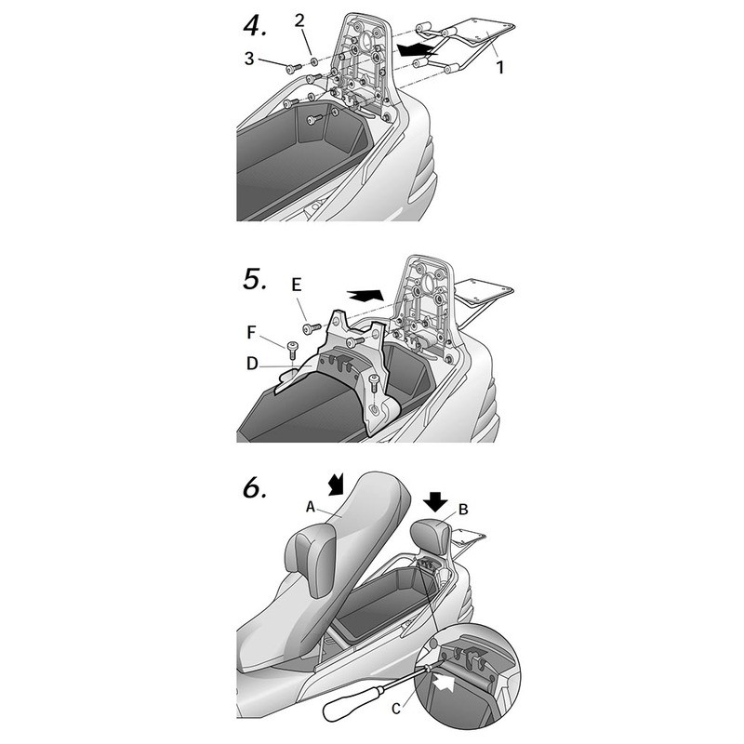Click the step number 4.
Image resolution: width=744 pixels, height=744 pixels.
tap(255, 26)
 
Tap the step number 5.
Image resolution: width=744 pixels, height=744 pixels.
tap(255, 279)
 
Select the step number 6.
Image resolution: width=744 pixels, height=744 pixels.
tap(255, 487)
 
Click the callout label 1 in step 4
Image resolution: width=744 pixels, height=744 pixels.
tap(499, 67)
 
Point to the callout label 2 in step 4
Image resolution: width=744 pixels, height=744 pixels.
tap(299, 20)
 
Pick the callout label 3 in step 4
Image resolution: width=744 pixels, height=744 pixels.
tap(249, 59)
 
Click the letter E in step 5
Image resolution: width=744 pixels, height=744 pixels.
tap(296, 285)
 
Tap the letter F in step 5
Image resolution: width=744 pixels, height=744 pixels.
tap(251, 333)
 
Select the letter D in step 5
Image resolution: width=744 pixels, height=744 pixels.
tap(252, 364)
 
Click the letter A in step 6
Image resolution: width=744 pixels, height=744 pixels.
tap(311, 507)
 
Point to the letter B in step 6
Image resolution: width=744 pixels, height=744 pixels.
tap(463, 510)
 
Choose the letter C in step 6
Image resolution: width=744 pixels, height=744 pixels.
tap(396, 709)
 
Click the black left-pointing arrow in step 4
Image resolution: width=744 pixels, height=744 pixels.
tap(415, 49)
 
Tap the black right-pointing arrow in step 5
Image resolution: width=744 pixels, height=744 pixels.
tap(365, 295)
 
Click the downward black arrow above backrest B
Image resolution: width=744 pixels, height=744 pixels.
tap(436, 501)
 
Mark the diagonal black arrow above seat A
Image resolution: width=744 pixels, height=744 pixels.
tap(338, 484)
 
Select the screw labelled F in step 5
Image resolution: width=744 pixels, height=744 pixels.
tap(291, 350)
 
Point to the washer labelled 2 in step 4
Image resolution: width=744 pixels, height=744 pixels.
tap(314, 62)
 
